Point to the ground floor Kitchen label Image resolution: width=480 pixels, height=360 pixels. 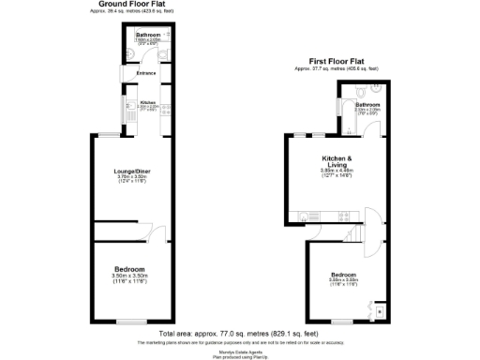147,102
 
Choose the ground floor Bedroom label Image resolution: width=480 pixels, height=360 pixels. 129,269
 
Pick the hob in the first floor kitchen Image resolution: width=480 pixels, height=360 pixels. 323,223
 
